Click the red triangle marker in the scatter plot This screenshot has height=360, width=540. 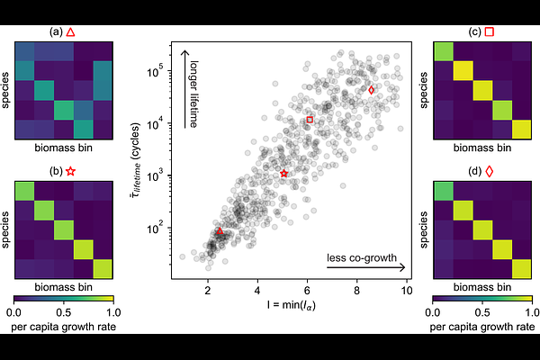point(220,231)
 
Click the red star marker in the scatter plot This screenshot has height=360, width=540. point(284,173)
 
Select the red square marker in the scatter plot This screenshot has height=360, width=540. point(310,120)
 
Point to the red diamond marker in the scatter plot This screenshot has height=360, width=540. point(371,90)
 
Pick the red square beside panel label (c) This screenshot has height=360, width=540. point(489,31)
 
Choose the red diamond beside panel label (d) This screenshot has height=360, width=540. point(489,171)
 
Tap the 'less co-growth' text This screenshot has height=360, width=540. point(361,259)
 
